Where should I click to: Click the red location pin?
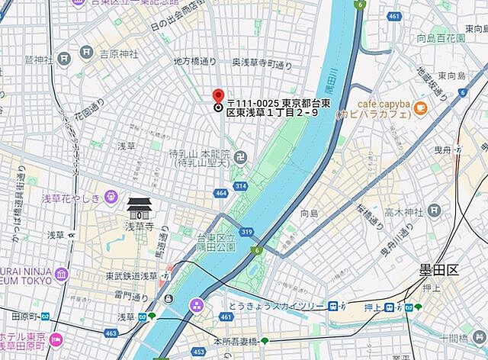click(x=218, y=96)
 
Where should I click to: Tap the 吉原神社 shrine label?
click(x=119, y=54)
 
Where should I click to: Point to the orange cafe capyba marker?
click(x=419, y=109)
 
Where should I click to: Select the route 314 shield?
click(x=240, y=186)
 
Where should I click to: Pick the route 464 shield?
click(x=221, y=194)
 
